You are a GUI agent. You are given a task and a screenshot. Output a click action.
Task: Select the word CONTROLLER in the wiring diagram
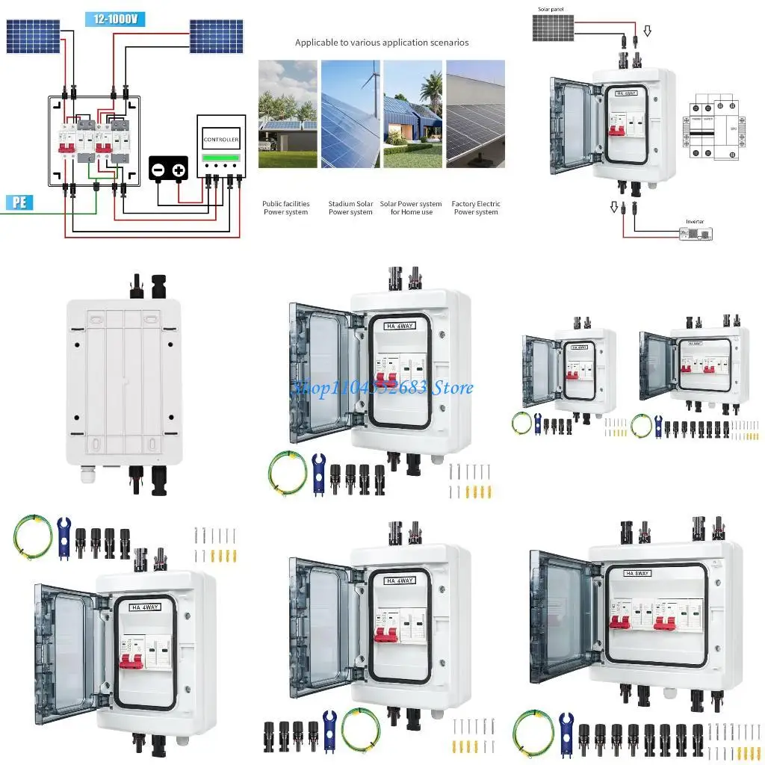click(x=221, y=140)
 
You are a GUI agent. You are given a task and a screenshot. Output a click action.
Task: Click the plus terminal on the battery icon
click(x=179, y=171)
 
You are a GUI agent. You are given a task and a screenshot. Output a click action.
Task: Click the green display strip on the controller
click(x=221, y=157)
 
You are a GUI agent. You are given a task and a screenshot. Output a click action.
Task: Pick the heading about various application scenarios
click(x=382, y=43)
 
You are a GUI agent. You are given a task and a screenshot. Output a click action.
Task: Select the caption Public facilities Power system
click(x=285, y=208)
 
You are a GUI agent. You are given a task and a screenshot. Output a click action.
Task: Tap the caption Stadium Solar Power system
click(x=350, y=208)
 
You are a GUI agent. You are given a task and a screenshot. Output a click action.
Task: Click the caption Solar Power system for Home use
click(x=411, y=208)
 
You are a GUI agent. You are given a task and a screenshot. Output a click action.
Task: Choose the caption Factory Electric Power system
click(x=476, y=208)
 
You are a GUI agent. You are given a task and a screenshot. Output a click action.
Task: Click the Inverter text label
click(x=695, y=222)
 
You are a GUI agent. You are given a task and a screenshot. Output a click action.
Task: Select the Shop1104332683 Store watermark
click(x=381, y=388)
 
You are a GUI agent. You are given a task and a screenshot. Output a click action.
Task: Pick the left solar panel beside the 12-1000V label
click(x=33, y=36)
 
